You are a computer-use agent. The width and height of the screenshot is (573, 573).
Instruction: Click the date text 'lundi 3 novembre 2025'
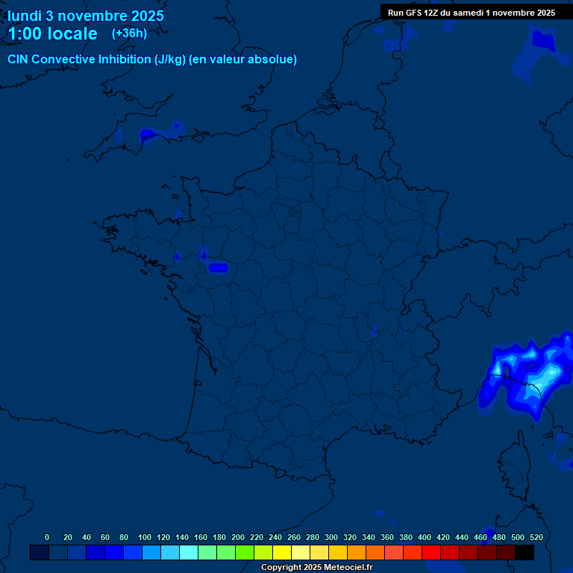[86, 16]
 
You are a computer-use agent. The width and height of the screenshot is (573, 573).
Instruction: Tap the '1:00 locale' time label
[52, 34]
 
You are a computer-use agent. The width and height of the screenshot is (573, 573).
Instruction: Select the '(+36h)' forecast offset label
[129, 34]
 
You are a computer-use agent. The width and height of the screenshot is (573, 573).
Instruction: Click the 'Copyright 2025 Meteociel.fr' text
[316, 568]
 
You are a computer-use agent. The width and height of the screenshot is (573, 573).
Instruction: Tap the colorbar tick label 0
[47, 537]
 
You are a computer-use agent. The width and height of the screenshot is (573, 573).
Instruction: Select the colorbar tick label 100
[144, 537]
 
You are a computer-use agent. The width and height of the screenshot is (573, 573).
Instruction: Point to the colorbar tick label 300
[331, 537]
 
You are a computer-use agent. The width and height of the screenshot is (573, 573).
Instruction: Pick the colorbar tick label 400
[424, 537]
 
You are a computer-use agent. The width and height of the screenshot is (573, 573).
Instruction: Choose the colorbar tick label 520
[536, 537]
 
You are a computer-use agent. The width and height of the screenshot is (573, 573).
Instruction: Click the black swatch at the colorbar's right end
[525, 553]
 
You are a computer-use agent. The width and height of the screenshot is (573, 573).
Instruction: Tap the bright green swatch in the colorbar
[245, 553]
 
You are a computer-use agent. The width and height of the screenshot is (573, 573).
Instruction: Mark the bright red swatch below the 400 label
[431, 553]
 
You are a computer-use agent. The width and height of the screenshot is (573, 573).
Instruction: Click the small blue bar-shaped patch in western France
[219, 267]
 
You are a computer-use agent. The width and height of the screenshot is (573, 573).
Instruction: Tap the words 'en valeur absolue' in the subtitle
[247, 60]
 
